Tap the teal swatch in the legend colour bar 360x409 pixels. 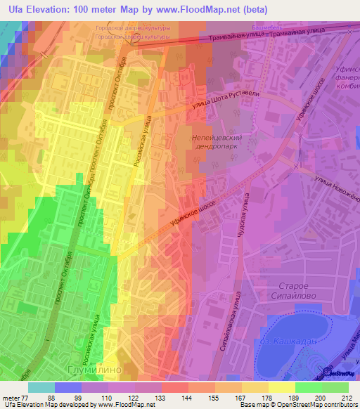[41, 387]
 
